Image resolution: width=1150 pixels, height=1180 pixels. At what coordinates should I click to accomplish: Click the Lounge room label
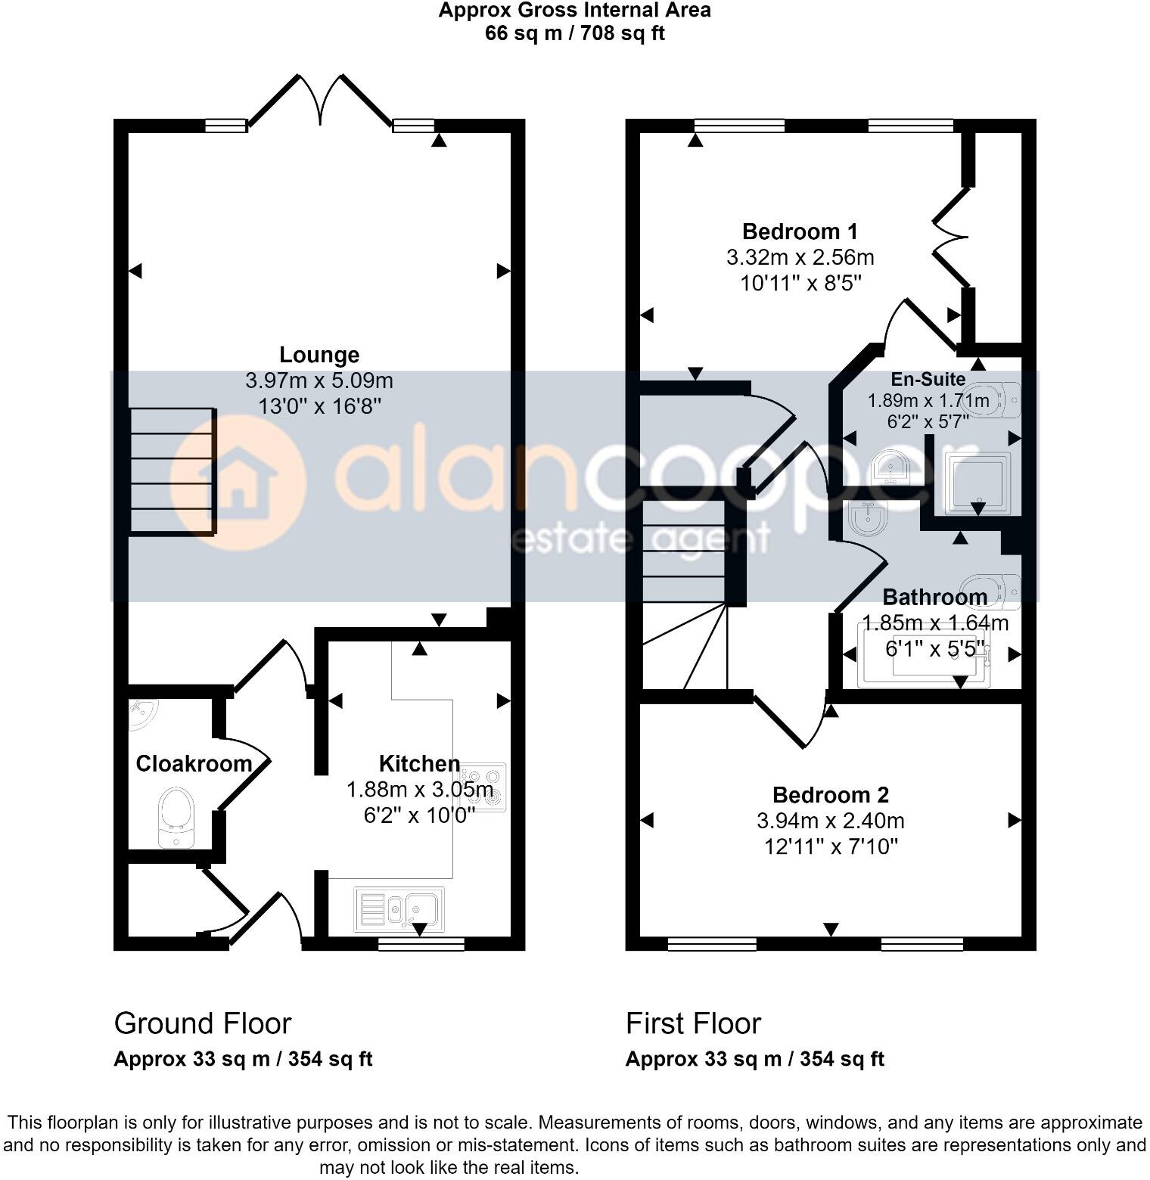(x=319, y=355)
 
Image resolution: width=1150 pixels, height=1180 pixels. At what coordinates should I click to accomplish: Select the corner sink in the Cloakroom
(x=141, y=714)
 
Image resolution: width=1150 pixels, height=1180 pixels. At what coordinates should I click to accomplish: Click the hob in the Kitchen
(x=484, y=787)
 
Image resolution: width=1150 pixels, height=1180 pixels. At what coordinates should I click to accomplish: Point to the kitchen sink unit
(x=399, y=908)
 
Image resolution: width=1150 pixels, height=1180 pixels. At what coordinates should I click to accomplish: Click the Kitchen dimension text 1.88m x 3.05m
(x=419, y=790)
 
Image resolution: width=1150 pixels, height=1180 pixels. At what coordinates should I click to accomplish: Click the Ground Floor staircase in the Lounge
(x=172, y=470)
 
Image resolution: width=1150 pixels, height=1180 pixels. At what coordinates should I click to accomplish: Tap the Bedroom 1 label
(x=800, y=231)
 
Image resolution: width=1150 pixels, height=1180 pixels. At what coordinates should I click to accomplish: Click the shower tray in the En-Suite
(x=977, y=483)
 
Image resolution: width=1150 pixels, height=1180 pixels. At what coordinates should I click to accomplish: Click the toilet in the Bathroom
(x=993, y=590)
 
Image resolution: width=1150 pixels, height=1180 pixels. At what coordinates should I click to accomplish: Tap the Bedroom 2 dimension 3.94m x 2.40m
(x=830, y=821)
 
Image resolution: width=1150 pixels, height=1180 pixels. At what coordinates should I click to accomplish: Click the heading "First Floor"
(x=692, y=1023)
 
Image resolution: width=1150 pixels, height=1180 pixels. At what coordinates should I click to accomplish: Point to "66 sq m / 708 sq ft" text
(x=574, y=33)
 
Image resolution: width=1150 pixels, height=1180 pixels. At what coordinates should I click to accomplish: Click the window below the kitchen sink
(x=421, y=943)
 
